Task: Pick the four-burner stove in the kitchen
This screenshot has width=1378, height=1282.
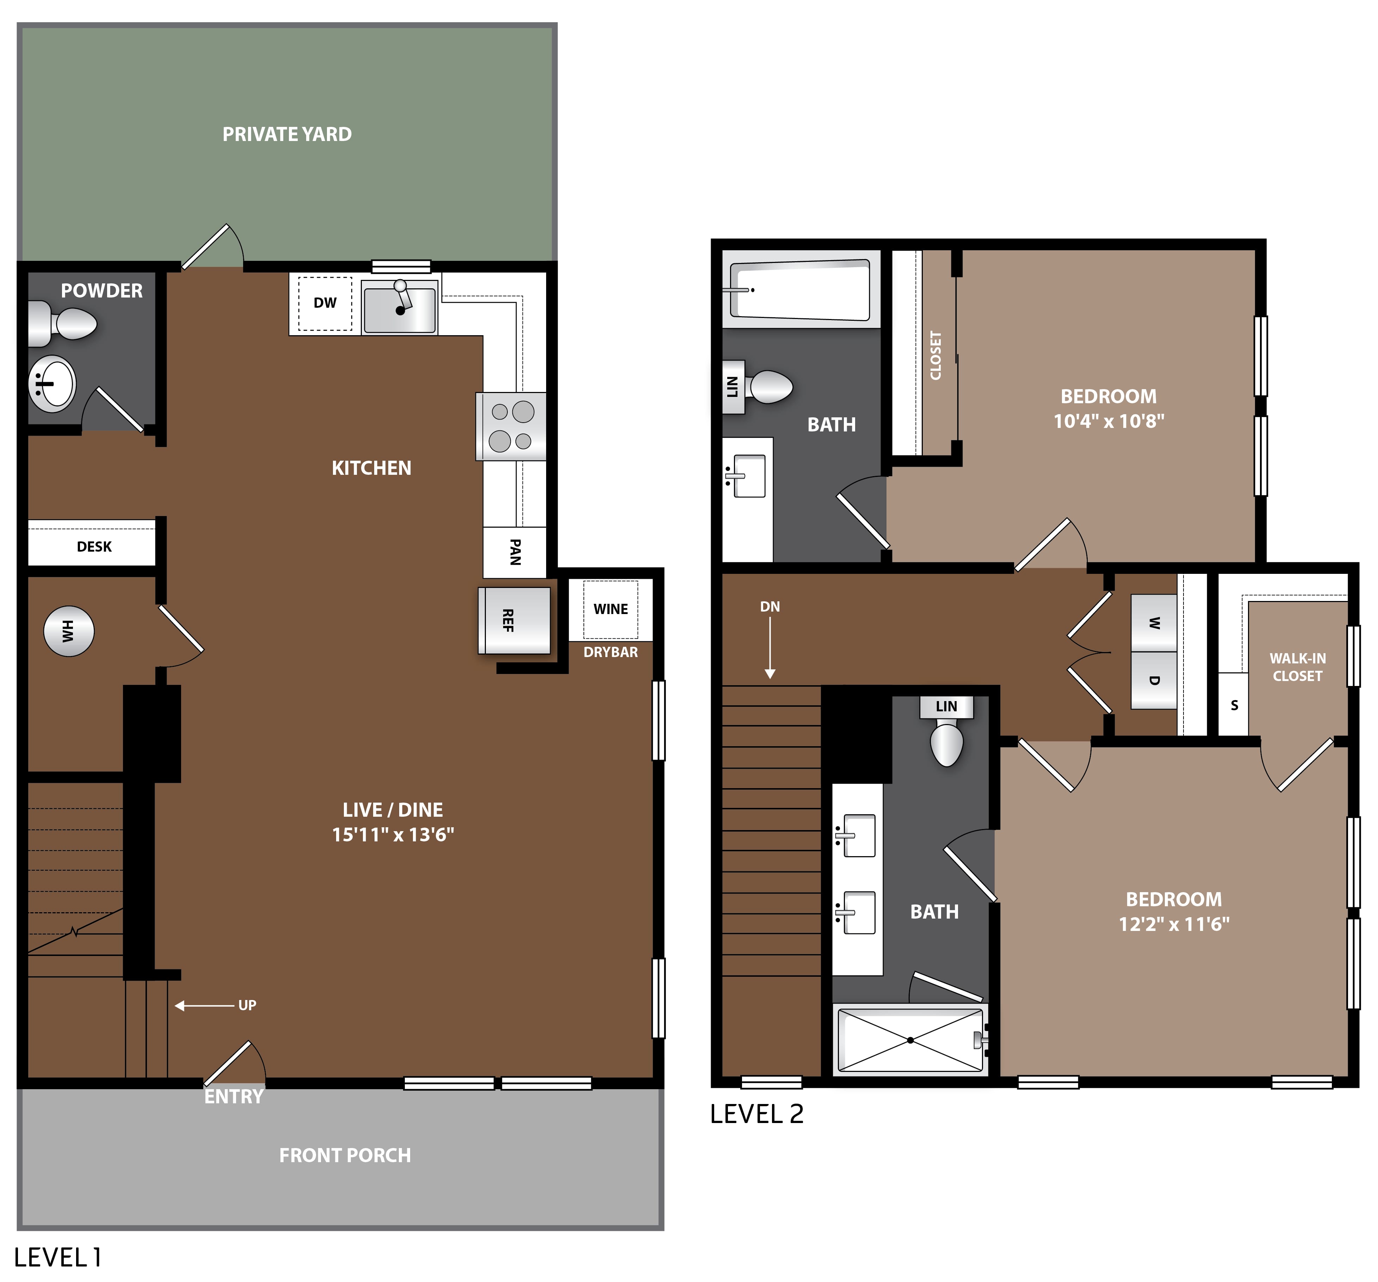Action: click(x=511, y=427)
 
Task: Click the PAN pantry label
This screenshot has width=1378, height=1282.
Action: click(x=515, y=552)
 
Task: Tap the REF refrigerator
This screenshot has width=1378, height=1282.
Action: click(x=514, y=620)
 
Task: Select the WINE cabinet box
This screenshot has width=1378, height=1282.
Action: click(x=611, y=609)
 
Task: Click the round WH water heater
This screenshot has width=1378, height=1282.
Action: click(x=69, y=631)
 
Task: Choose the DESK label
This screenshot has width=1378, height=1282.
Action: click(x=94, y=546)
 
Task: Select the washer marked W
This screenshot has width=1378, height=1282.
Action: click(x=1154, y=622)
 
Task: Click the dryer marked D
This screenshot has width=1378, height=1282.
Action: click(x=1154, y=680)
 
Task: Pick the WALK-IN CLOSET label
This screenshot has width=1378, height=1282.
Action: click(x=1298, y=667)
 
